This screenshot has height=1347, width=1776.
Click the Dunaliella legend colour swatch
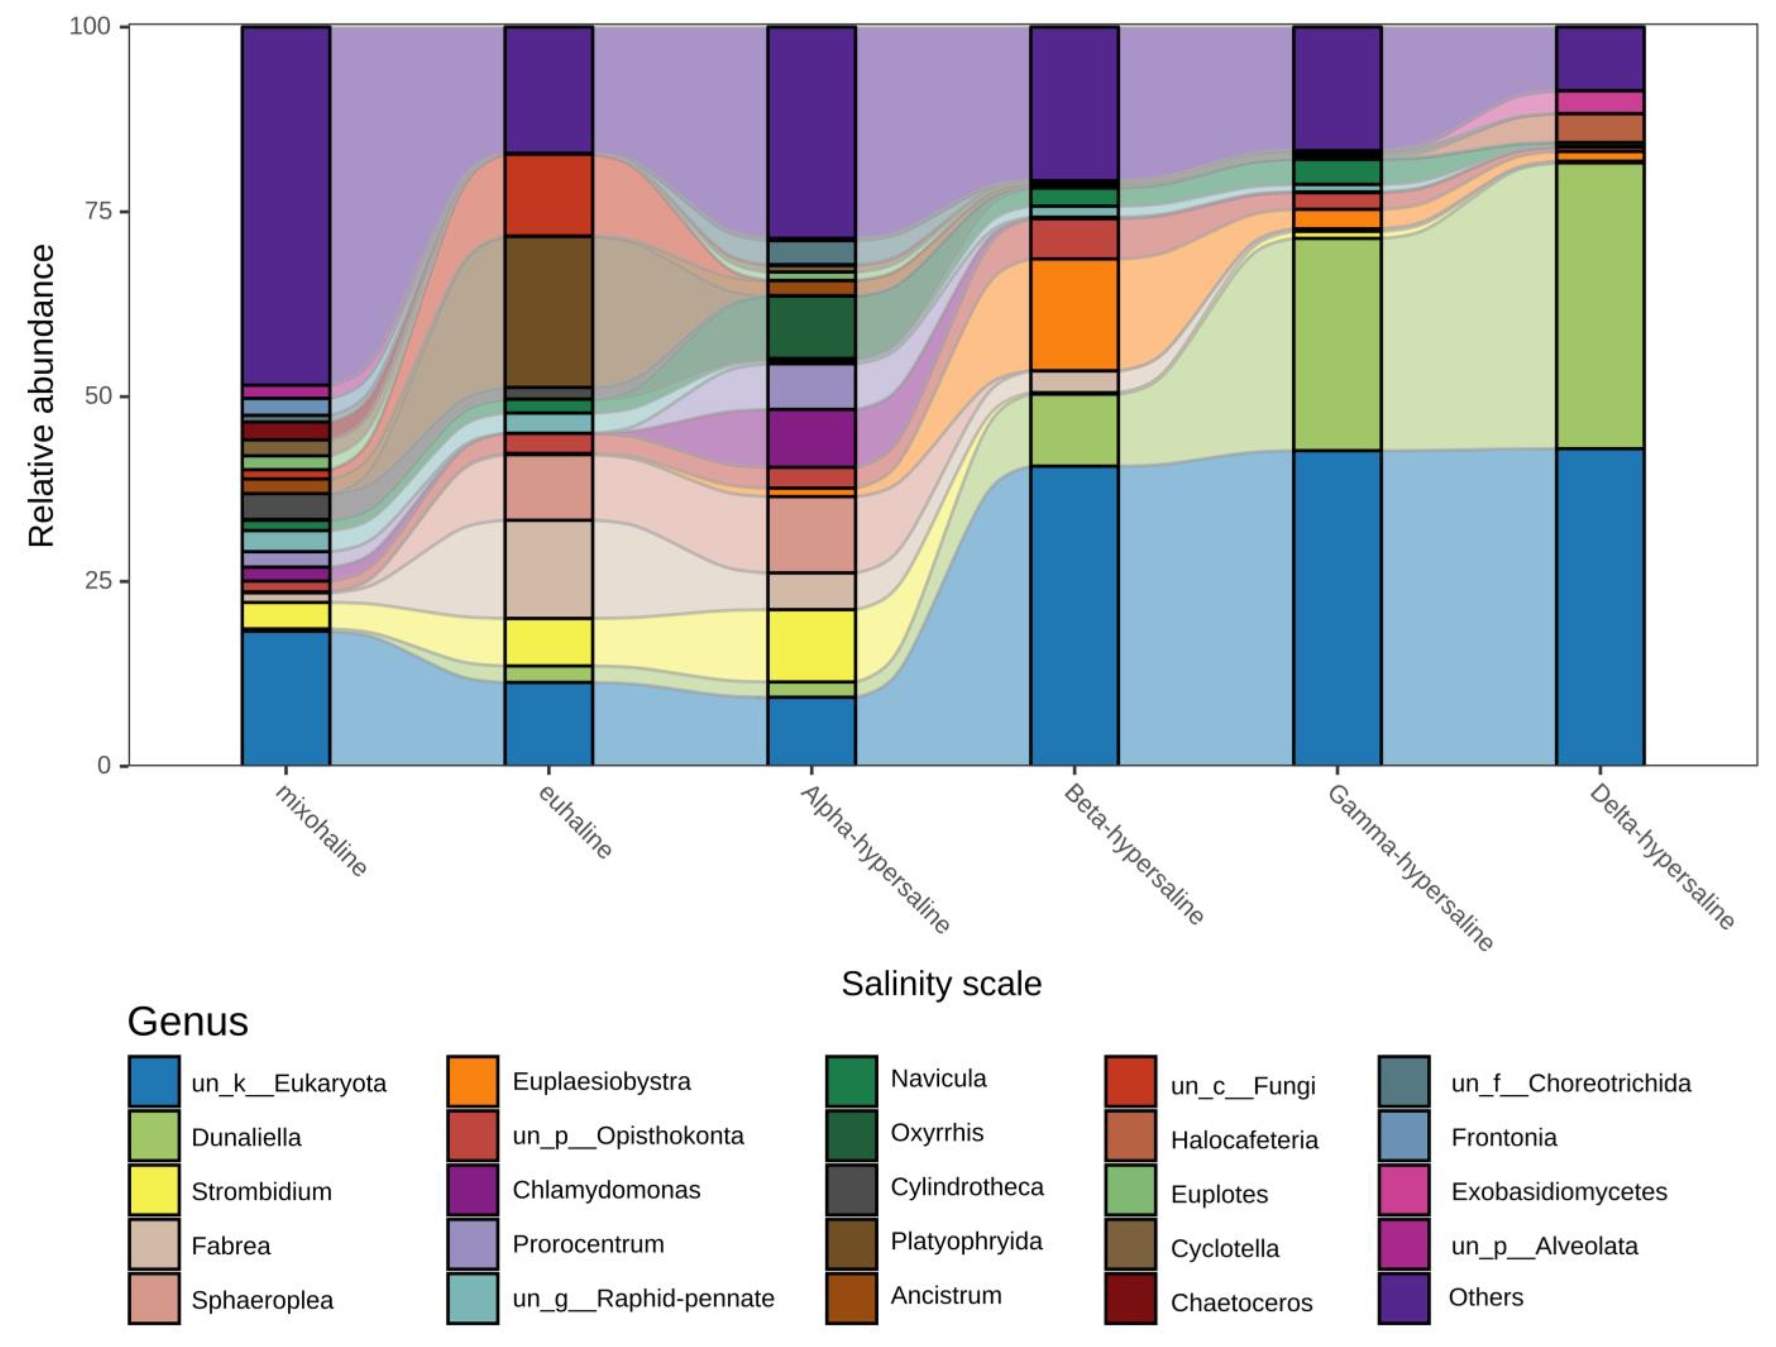pos(153,1137)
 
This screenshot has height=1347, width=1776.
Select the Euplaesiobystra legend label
pos(601,1081)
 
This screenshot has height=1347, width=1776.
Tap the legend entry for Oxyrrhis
pos(936,1133)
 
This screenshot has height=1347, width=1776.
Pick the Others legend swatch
pos(1403,1297)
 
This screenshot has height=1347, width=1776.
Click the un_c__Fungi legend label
pos(1243,1086)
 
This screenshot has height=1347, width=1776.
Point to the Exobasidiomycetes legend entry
pos(1558,1191)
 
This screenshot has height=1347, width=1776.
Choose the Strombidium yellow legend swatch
pos(153,1190)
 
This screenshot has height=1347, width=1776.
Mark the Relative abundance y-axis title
pos(42,396)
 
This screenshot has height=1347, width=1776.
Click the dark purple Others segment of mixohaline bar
pos(286,205)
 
